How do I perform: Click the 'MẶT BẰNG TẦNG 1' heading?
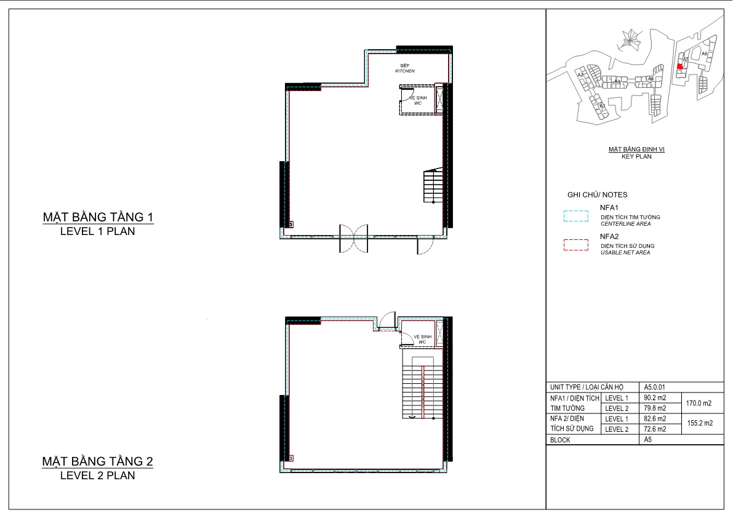(x=97, y=217)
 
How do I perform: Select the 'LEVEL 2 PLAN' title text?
(x=97, y=476)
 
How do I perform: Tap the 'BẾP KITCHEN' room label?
(x=405, y=68)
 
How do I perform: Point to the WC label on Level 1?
(x=418, y=100)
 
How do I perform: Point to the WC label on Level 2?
(x=422, y=339)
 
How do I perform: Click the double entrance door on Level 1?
(x=353, y=239)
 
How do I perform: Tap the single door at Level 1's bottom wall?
(x=425, y=245)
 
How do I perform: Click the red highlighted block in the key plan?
(x=679, y=66)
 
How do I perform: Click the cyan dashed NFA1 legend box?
(x=576, y=217)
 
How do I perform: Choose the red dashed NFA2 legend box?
(x=576, y=245)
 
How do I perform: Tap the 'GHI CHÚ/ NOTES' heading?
(x=597, y=195)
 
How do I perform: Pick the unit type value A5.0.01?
(x=653, y=388)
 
